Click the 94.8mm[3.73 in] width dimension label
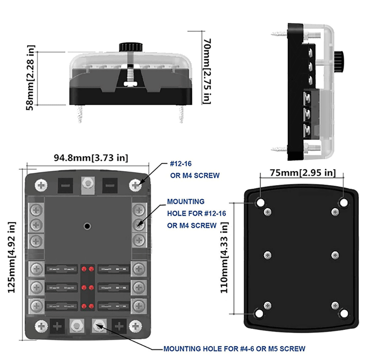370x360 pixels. (x=91, y=158)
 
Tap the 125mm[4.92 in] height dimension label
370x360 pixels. (x=12, y=257)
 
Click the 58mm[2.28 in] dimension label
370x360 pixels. (x=31, y=78)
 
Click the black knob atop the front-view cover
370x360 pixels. (x=130, y=47)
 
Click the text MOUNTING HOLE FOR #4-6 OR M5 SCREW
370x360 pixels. (x=234, y=349)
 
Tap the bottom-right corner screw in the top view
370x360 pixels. (x=136, y=326)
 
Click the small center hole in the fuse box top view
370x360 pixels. (x=87, y=226)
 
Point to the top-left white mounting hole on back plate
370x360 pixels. (x=260, y=203)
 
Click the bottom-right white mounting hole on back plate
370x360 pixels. (x=344, y=313)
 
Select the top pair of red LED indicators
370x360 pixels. (x=87, y=269)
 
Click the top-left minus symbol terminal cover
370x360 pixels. (x=65, y=185)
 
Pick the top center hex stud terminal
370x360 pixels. (x=88, y=184)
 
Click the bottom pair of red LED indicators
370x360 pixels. (x=87, y=306)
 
